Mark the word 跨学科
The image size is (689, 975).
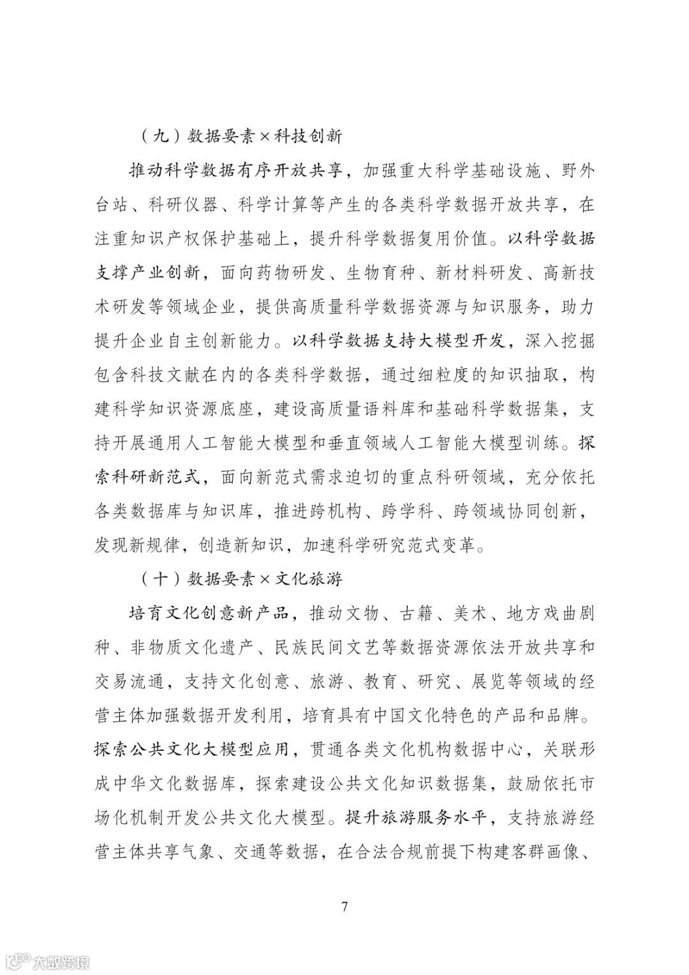click(x=408, y=511)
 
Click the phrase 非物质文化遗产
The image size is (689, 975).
click(x=192, y=647)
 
